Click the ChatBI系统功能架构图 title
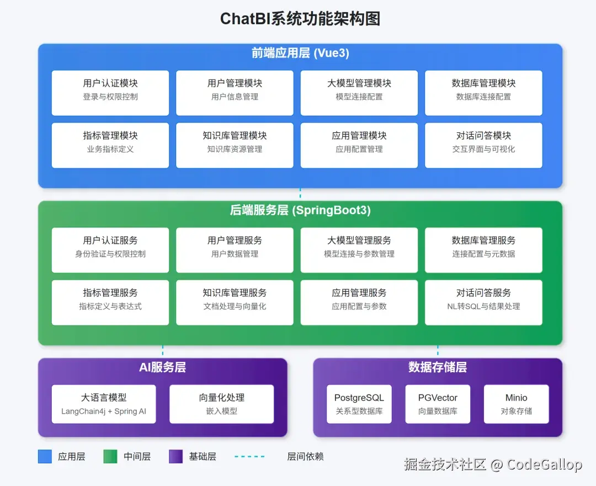click(300, 19)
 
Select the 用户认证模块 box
click(110, 93)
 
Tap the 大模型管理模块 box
click(359, 93)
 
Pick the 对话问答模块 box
click(483, 145)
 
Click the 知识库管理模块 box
click(235, 145)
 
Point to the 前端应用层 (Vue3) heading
click(300, 54)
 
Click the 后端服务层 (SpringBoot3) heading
click(300, 211)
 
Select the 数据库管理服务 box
click(483, 250)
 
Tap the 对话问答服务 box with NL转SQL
click(483, 302)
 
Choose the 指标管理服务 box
click(110, 302)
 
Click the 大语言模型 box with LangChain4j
click(104, 404)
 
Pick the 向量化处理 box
click(221, 404)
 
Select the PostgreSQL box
click(359, 404)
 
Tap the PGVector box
click(438, 404)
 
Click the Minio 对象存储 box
click(516, 404)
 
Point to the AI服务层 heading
click(162, 367)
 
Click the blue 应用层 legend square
click(45, 456)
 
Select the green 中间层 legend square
click(110, 456)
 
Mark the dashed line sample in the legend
click(249, 456)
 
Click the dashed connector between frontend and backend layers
click(300, 194)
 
